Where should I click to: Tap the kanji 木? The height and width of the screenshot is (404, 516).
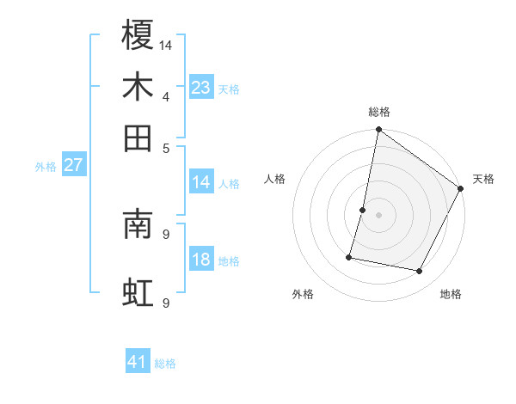(x=138, y=87)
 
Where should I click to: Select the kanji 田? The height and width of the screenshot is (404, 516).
(x=138, y=138)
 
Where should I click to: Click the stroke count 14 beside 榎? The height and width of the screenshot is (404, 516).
(x=166, y=44)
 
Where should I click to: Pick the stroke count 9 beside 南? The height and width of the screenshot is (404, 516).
(x=166, y=233)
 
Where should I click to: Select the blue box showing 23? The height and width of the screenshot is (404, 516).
(x=200, y=87)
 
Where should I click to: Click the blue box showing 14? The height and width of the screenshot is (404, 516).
(x=200, y=181)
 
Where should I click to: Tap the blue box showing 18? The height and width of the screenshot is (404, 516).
(x=200, y=260)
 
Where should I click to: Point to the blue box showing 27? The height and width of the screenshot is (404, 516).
(x=73, y=165)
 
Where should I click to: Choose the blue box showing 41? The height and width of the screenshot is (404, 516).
(x=138, y=362)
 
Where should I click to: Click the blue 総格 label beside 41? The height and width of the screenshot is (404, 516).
(x=165, y=364)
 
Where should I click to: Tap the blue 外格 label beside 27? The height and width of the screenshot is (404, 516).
(x=46, y=167)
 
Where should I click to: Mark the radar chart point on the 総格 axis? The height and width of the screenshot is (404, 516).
(x=378, y=131)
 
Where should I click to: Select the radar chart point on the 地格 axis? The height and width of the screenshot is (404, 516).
(x=420, y=272)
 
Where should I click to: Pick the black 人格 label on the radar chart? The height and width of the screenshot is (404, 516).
(x=275, y=179)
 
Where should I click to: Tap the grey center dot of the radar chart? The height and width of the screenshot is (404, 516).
(x=378, y=214)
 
